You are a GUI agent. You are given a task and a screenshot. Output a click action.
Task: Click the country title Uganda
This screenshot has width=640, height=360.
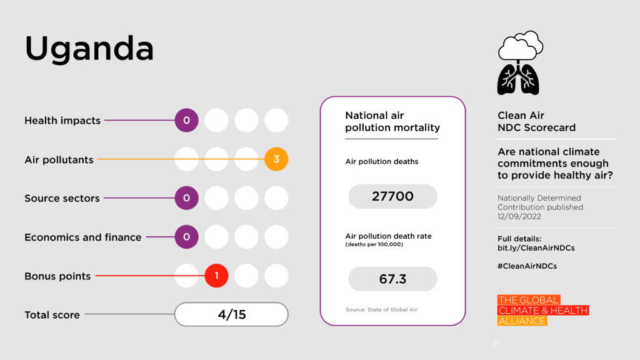click(x=89, y=49)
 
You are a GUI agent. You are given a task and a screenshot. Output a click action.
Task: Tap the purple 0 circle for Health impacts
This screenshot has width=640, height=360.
click(x=186, y=121)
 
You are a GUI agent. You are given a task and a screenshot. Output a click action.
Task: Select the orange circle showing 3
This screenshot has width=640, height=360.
click(x=276, y=159)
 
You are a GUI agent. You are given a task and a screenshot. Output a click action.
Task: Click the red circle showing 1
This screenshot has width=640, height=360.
click(x=216, y=276)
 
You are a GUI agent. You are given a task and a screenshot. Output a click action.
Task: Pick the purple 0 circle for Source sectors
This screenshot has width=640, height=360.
click(x=186, y=198)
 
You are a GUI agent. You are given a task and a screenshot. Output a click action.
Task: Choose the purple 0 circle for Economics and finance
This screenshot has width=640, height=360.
click(x=186, y=237)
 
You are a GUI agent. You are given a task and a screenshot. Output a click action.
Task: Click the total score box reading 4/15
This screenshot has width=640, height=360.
click(x=231, y=314)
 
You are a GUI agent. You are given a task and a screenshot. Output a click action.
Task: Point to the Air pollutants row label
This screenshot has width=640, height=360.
click(x=59, y=160)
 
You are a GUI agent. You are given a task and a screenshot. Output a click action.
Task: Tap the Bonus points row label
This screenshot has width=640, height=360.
click(x=57, y=276)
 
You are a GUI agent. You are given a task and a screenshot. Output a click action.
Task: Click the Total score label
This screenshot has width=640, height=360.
click(x=52, y=315)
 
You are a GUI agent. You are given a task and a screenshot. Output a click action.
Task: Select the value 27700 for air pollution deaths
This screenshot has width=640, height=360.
click(x=392, y=196)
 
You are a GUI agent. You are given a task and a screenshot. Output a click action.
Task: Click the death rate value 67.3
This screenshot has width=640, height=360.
click(x=392, y=279)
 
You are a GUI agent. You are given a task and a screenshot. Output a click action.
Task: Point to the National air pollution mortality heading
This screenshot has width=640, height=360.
click(x=392, y=121)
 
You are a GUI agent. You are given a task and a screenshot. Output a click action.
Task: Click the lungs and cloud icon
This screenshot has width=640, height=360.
click(x=519, y=63)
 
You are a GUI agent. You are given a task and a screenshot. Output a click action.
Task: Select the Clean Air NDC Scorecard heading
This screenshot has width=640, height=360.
click(x=536, y=121)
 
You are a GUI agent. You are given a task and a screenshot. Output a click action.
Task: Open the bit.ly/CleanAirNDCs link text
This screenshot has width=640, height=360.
click(x=536, y=248)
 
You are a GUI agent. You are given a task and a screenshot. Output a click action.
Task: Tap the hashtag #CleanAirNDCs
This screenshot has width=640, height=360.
click(x=527, y=266)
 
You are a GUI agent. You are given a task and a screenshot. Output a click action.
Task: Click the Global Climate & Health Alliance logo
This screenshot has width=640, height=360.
click(x=542, y=311)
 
